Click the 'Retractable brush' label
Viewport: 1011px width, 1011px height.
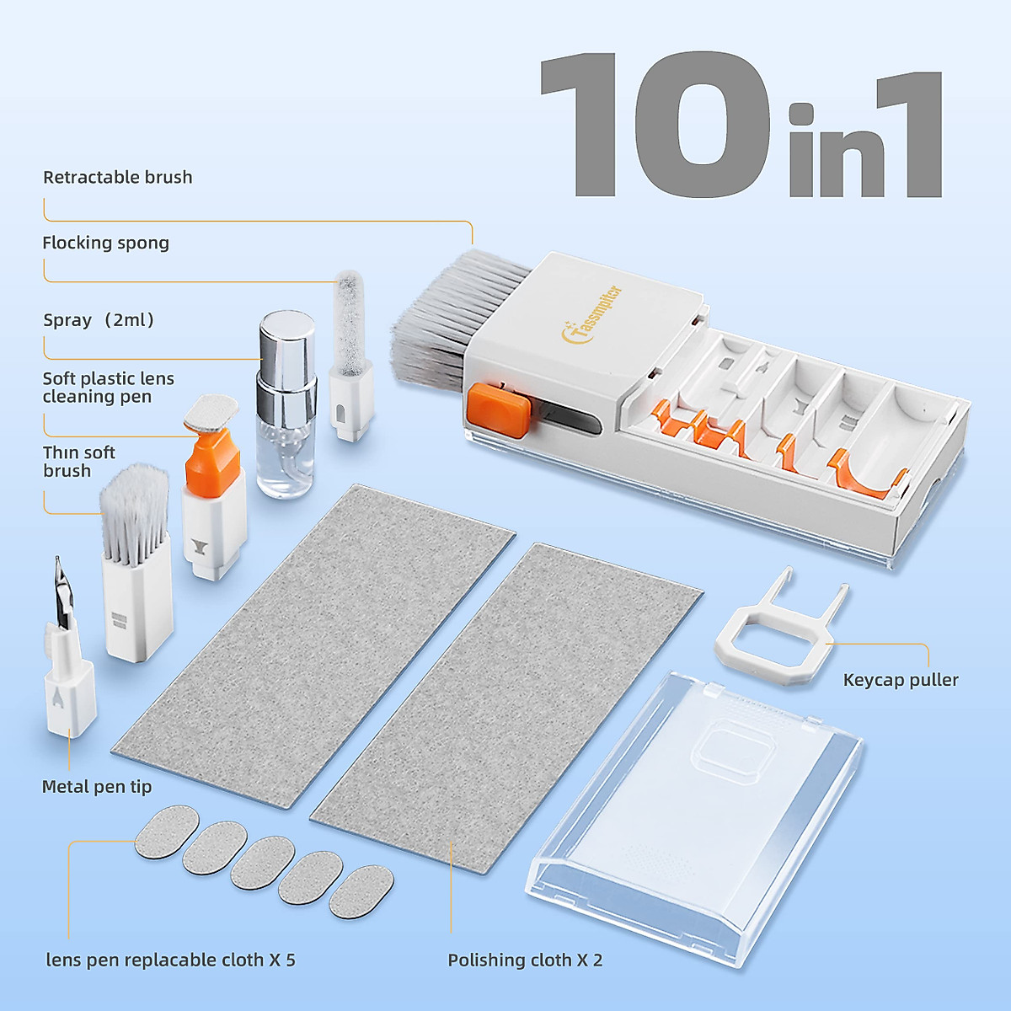click(x=117, y=177)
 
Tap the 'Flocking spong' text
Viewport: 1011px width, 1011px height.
click(x=105, y=243)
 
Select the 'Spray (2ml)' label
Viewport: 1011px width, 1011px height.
click(x=99, y=320)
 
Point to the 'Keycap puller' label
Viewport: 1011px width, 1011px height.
click(x=900, y=680)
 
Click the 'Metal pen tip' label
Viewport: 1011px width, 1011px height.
click(x=97, y=787)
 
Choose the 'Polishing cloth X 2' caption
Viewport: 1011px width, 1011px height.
click(x=525, y=960)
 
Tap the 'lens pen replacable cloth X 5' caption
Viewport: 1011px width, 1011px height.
click(x=170, y=960)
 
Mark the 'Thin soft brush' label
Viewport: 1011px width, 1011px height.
click(x=79, y=462)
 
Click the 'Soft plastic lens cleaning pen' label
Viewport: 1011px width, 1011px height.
click(x=108, y=388)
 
